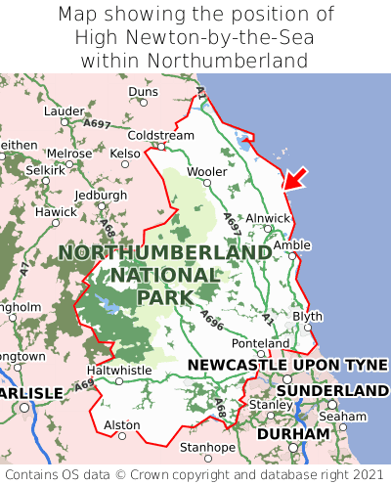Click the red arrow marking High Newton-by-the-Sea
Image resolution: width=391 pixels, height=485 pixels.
pyautogui.click(x=294, y=177)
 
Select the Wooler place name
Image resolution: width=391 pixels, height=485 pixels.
pyautogui.click(x=206, y=172)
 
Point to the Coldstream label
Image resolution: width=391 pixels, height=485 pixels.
pyautogui.click(x=161, y=135)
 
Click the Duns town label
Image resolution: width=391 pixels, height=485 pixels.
pyautogui.click(x=143, y=92)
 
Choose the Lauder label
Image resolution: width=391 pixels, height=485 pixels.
pyautogui.click(x=65, y=111)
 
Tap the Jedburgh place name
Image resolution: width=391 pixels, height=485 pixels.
pyautogui.click(x=101, y=195)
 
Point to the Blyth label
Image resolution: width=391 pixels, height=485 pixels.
pyautogui.click(x=307, y=317)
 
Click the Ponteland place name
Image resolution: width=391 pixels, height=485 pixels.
pyautogui.click(x=260, y=344)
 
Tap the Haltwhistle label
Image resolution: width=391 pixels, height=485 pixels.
pyautogui.click(x=119, y=371)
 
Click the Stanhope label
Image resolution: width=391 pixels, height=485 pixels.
pyautogui.click(x=206, y=448)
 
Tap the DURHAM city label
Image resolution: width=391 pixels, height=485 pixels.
pyautogui.click(x=294, y=433)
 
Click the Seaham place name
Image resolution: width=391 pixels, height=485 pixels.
pyautogui.click(x=348, y=416)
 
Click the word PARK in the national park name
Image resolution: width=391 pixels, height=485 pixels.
pyautogui.click(x=164, y=296)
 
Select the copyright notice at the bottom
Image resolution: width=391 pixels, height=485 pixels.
pyautogui.click(x=195, y=474)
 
